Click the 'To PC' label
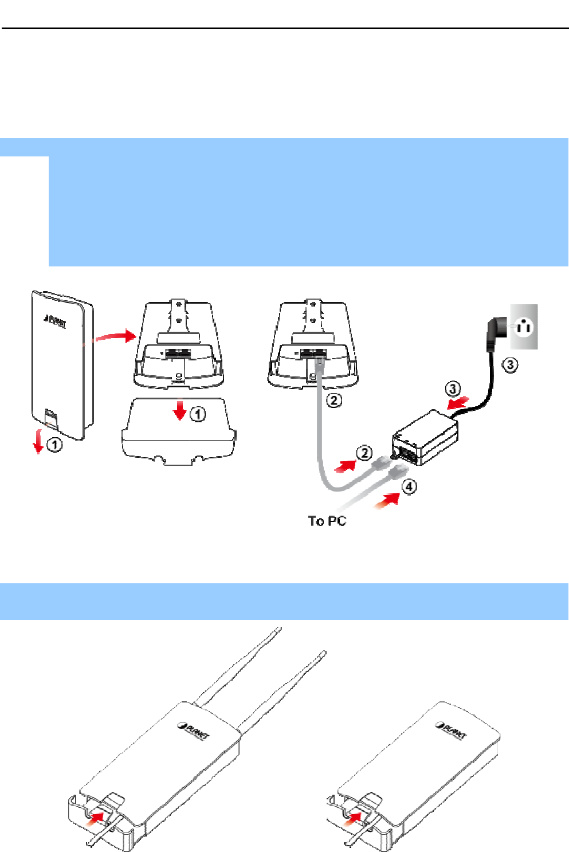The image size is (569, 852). tap(327, 520)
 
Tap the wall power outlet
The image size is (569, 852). tap(524, 327)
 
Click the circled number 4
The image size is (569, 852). tap(409, 487)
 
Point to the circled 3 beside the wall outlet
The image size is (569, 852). tap(510, 365)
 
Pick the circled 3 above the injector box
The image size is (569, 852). tap(453, 389)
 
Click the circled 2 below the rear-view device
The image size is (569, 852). tap(334, 400)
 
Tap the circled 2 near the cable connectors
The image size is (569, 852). tap(364, 453)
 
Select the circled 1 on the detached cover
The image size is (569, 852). tap(198, 414)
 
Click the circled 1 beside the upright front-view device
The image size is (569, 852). tap(55, 444)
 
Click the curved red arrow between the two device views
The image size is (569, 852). tap(114, 336)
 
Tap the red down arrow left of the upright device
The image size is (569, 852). tap(38, 441)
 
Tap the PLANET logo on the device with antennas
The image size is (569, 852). tap(193, 731)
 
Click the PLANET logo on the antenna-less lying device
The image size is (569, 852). tap(451, 731)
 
